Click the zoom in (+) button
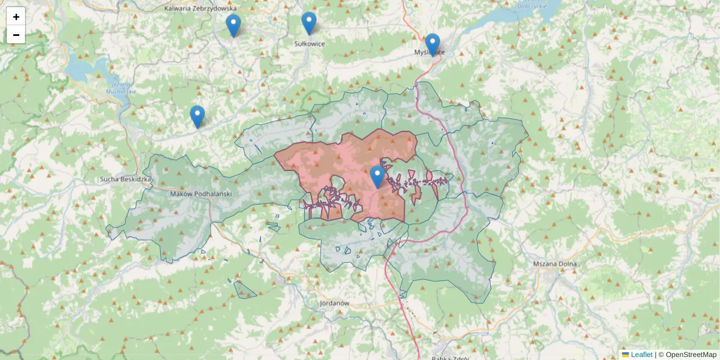pos(16,17)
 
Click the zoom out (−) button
pos(16,35)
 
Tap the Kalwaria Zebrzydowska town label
pos(200,8)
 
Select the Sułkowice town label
pos(310,44)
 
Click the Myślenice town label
pos(430,52)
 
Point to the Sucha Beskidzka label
pos(126,179)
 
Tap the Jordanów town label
pos(335,304)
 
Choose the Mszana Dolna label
pos(555,264)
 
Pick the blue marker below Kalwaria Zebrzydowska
pos(233,26)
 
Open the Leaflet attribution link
pos(641,355)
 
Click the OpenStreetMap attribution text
pos(690,355)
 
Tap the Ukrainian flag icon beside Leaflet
pos(626,355)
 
